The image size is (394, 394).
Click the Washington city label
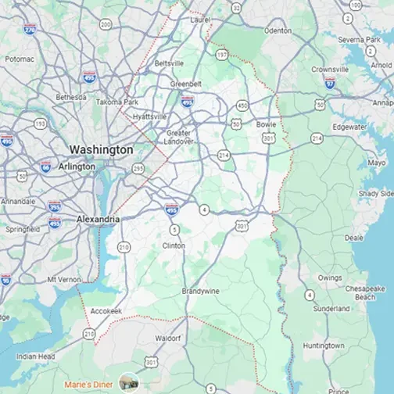pyautogui.click(x=101, y=149)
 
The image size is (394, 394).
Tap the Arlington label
pyautogui.click(x=77, y=167)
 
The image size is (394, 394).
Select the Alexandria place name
pyautogui.click(x=98, y=220)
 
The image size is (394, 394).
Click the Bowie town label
pyautogui.click(x=266, y=124)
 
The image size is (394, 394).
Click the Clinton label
pyautogui.click(x=174, y=245)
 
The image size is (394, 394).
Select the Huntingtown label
pyautogui.click(x=324, y=345)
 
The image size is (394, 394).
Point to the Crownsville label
pyautogui.click(x=329, y=69)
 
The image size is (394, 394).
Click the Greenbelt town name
pyautogui.click(x=185, y=83)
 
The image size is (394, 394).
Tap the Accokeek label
pyautogui.click(x=106, y=310)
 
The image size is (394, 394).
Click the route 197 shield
pyautogui.click(x=223, y=55)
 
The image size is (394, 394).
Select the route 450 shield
pyautogui.click(x=242, y=105)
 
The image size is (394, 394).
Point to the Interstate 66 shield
pyautogui.click(x=45, y=167)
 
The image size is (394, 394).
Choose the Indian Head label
pyautogui.click(x=36, y=356)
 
